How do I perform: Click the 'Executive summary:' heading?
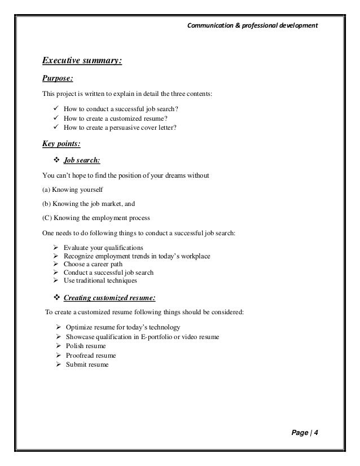click(x=82, y=61)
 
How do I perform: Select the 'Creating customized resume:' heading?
click(x=110, y=297)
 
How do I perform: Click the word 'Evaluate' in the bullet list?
click(x=76, y=248)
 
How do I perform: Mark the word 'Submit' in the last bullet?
click(x=76, y=364)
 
